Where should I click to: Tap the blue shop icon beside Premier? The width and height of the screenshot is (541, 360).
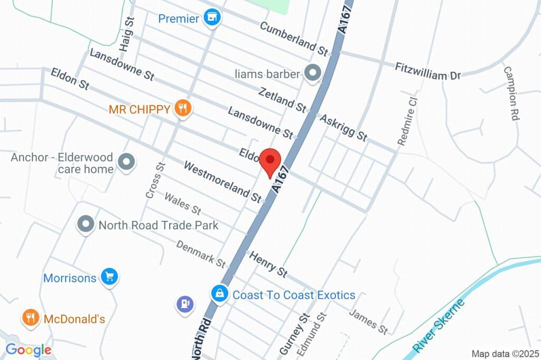point(212,18)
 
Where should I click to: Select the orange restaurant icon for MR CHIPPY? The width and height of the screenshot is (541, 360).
point(183,109)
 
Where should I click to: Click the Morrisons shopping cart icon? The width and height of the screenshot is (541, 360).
point(110,277)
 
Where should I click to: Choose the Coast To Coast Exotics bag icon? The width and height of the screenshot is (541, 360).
point(219,294)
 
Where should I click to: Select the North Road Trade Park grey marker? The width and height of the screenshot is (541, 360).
point(85,225)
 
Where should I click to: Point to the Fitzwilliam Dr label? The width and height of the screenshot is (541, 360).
point(428,71)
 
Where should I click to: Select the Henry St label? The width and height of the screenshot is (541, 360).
point(268,264)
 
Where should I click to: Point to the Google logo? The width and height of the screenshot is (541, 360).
point(29,349)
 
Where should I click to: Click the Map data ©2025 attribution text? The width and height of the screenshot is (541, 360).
point(505,354)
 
